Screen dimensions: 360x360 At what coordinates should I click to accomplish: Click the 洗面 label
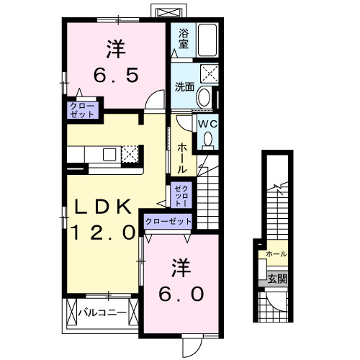click(x=184, y=87)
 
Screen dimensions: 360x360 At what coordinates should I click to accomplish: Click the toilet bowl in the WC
click(x=208, y=141)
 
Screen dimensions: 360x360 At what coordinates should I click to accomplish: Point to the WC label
click(x=207, y=123)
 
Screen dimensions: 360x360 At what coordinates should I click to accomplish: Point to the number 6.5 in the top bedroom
click(x=116, y=74)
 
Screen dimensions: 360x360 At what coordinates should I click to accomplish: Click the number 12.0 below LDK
click(x=103, y=232)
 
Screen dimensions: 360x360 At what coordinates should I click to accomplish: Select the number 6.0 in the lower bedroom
click(x=180, y=293)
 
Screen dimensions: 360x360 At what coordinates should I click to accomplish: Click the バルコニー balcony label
click(x=102, y=312)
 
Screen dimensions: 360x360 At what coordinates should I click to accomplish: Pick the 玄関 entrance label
click(x=277, y=279)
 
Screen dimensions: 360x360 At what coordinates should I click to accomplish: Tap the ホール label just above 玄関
click(x=276, y=254)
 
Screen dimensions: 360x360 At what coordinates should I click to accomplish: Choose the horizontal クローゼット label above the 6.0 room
click(x=168, y=222)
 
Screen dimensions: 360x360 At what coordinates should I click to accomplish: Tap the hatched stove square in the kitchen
click(x=130, y=153)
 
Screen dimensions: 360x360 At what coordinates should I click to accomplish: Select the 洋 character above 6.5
click(x=115, y=49)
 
